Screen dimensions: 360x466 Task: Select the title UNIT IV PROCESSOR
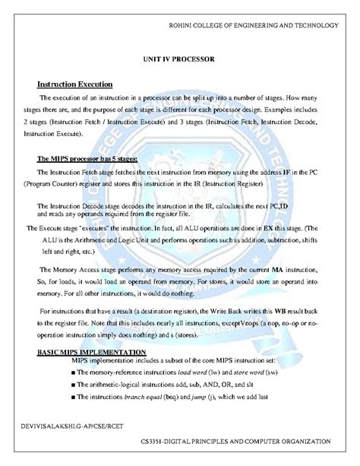[x=179, y=58]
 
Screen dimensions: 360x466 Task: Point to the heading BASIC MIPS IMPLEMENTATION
[x=92, y=353]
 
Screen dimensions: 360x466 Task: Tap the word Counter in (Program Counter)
[x=79, y=185]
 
